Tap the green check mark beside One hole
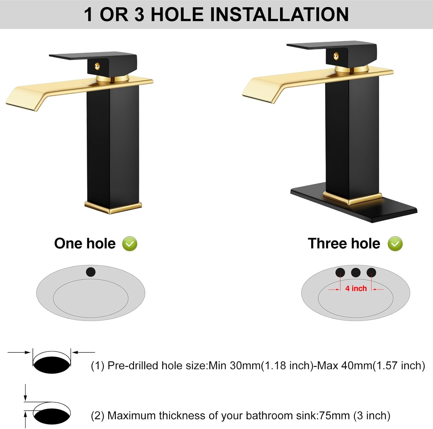coord(130,244)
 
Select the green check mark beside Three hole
coord(395,244)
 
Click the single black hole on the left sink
coord(91,272)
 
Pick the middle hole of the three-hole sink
coord(356,272)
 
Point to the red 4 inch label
coord(356,288)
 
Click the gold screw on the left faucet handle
coord(98,67)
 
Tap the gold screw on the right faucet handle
coord(336,56)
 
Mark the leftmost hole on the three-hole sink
coord(340,272)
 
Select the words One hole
coord(85,244)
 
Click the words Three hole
coord(344,244)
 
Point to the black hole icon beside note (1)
coord(52,365)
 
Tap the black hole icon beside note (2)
coord(52,416)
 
